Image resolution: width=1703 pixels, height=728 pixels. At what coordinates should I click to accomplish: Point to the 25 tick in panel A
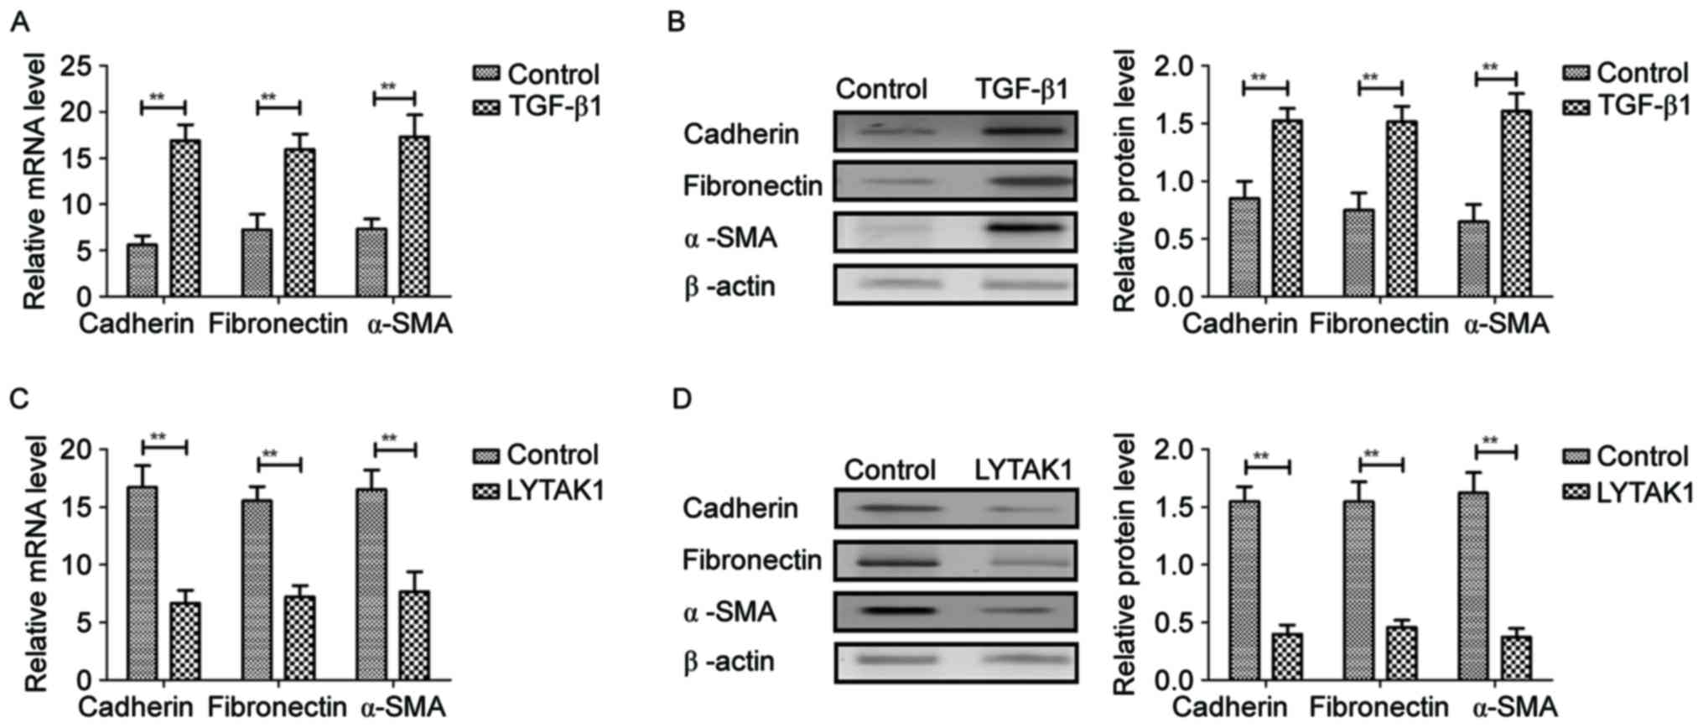(x=85, y=66)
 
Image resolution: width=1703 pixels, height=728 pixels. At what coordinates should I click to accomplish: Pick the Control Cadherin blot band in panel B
(x=895, y=131)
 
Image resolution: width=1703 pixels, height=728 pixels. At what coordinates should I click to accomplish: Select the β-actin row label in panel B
(x=729, y=287)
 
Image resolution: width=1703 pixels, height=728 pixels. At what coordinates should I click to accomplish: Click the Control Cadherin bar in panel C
(x=142, y=583)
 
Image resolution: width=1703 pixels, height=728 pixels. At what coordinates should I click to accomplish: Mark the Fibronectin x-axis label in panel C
(x=277, y=707)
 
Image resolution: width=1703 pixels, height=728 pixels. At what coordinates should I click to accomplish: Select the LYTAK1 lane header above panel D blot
(x=1023, y=470)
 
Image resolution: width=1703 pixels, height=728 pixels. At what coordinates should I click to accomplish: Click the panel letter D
(x=682, y=399)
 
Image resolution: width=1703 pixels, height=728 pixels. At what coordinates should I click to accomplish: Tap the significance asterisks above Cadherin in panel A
(x=158, y=97)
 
